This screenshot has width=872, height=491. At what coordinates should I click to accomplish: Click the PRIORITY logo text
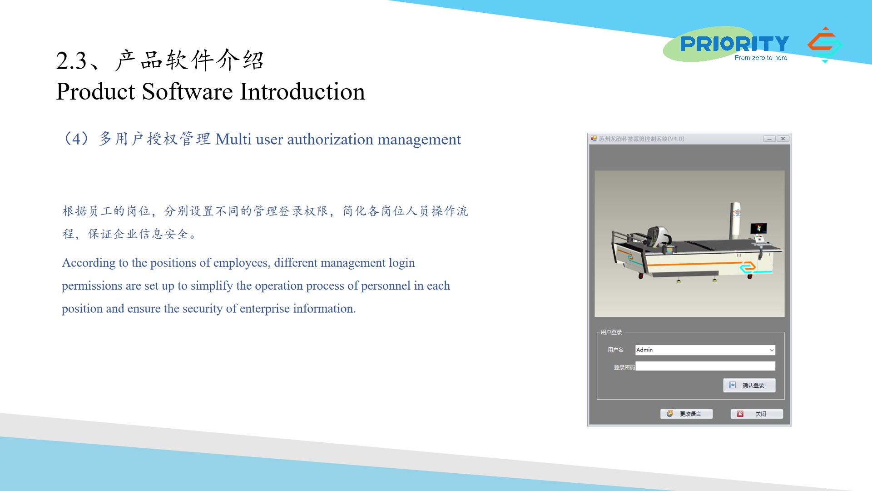coord(734,44)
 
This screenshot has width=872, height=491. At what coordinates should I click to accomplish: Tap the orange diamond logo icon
coord(825,45)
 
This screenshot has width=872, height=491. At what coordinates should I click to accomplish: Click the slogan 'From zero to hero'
coord(761,58)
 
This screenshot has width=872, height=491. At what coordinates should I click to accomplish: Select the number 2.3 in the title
coord(71,61)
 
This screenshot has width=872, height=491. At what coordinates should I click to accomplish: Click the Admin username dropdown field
coord(705,350)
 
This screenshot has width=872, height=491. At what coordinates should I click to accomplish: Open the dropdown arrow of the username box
coord(772,350)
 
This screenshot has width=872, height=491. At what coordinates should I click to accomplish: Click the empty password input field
coord(705,366)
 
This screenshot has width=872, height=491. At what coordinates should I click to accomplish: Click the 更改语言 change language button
coord(686,414)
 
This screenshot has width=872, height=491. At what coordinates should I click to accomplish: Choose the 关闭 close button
coord(757,414)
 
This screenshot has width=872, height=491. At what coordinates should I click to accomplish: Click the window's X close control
coord(783,139)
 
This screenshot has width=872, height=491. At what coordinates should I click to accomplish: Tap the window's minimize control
coord(769,139)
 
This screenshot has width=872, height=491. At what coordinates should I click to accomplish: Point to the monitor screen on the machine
coord(758,228)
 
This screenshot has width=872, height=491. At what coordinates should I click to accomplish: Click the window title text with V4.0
coord(641,139)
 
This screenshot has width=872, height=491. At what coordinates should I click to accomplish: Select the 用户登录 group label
coord(611,332)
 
